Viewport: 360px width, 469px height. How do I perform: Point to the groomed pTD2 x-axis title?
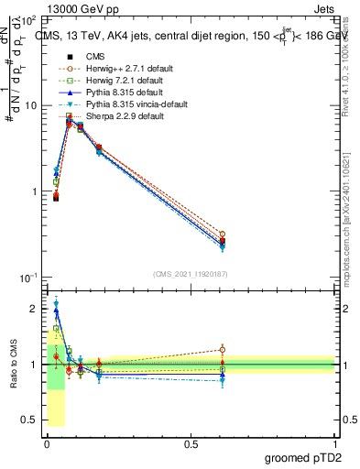(301, 457)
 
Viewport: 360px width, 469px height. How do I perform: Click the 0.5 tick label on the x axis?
(190, 443)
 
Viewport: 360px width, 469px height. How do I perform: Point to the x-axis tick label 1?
(334, 443)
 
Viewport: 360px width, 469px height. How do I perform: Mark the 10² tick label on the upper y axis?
(28, 19)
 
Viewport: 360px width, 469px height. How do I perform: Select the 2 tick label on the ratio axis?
(34, 310)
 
